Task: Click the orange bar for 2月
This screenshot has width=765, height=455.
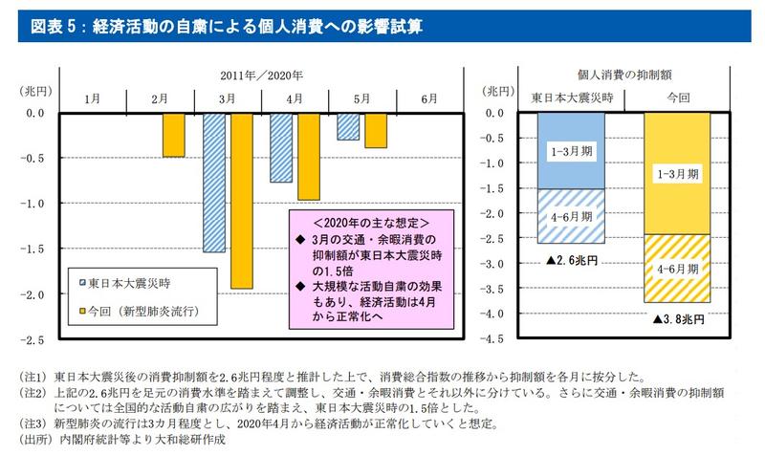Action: point(173,135)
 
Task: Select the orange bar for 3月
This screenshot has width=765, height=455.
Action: point(242,201)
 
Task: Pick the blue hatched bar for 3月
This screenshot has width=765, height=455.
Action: point(214,183)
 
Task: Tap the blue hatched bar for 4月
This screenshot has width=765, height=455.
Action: point(281,148)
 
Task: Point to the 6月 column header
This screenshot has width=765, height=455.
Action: point(429,99)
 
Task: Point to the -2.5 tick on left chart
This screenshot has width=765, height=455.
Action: point(33,339)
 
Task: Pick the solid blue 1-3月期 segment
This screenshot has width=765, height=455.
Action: point(571,150)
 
